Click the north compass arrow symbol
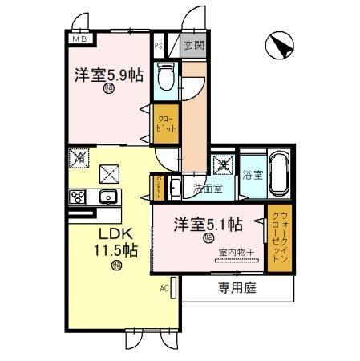pyautogui.click(x=278, y=46)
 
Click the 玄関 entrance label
pyautogui.click(x=192, y=47)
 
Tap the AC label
pyautogui.click(x=163, y=287)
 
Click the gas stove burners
pyautogui.click(x=79, y=197)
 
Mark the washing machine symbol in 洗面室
pyautogui.click(x=222, y=166)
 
